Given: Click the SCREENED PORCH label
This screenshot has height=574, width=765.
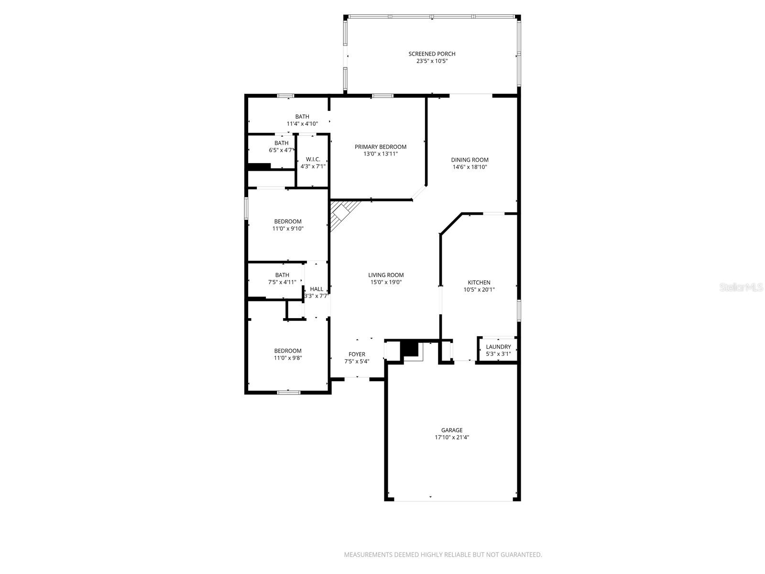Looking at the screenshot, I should click(x=432, y=54).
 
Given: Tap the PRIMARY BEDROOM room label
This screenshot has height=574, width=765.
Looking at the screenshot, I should click(x=381, y=147).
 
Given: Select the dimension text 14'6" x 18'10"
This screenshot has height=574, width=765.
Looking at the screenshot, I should click(x=470, y=167).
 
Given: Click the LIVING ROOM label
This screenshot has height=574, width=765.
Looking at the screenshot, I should click(x=386, y=275).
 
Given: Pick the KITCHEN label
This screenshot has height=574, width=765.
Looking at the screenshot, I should click(x=479, y=283).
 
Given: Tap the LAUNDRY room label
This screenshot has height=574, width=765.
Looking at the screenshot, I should click(x=498, y=347).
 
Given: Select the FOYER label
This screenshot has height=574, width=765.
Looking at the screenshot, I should click(x=357, y=354).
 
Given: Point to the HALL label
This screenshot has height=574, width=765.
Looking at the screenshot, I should click(x=317, y=289).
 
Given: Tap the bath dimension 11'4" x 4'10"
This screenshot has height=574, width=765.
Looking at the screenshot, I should click(x=302, y=123).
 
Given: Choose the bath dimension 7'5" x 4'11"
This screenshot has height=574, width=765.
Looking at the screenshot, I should click(x=282, y=282).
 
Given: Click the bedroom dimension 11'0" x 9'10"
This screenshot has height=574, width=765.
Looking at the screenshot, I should click(x=288, y=229).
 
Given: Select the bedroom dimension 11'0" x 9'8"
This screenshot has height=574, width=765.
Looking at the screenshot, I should click(x=288, y=358).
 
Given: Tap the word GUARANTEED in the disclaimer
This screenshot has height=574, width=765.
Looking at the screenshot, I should click(x=522, y=555).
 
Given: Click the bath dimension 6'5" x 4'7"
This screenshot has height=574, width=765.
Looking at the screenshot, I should click(x=281, y=150).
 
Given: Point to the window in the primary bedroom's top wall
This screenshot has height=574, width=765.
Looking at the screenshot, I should click(x=382, y=96).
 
